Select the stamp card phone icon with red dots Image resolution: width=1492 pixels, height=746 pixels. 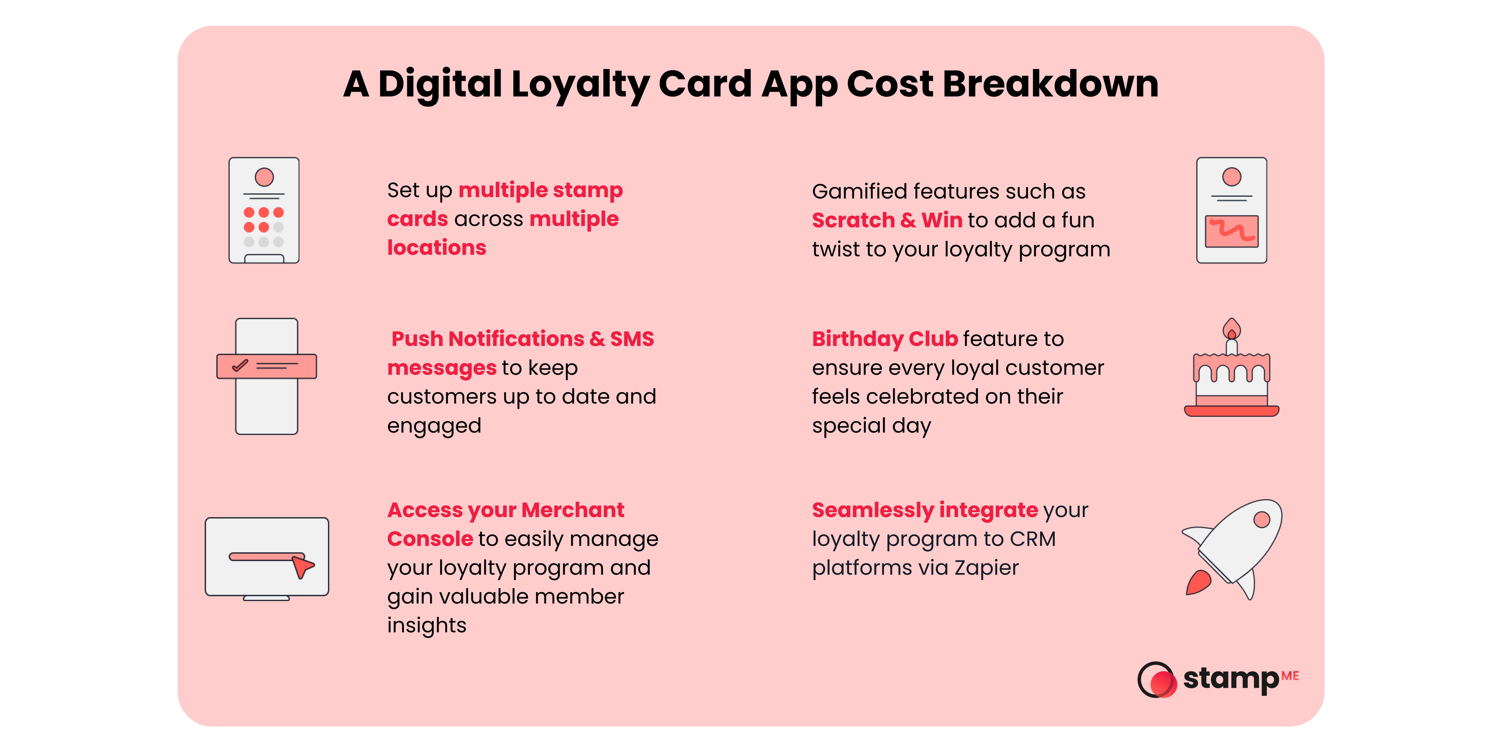264,210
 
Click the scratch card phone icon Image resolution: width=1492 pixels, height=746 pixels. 1231,210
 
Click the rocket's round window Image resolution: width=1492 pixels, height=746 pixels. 1261,520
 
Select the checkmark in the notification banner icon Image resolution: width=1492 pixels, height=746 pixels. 240,366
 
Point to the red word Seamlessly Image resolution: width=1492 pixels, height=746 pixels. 872,510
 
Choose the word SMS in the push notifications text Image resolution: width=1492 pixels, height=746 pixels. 632,339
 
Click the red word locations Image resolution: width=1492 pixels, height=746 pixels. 436,248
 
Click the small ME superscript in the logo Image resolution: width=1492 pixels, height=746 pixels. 1290,676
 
